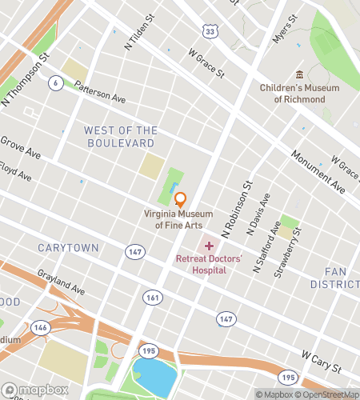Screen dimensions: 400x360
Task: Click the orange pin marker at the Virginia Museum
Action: [180, 200]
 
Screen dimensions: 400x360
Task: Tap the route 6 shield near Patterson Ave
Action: [55, 83]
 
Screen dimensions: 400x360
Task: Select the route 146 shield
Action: [37, 327]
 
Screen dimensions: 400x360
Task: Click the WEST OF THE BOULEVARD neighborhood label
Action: [119, 137]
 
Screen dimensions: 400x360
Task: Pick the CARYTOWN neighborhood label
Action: [68, 248]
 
